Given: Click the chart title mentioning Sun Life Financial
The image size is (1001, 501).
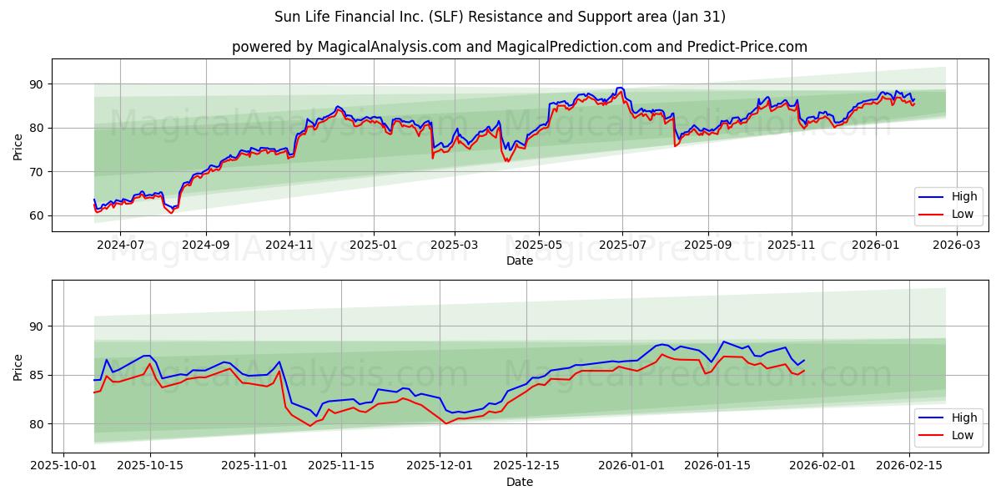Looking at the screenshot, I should click(500, 17).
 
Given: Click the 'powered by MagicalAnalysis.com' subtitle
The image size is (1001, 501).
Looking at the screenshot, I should click(519, 47).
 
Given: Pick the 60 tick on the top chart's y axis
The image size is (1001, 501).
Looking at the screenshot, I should click(36, 215).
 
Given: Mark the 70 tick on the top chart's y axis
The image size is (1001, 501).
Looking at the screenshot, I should click(36, 172).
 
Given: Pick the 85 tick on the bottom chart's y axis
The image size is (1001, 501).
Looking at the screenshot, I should click(36, 375).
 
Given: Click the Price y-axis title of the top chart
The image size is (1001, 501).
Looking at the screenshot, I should click(18, 146).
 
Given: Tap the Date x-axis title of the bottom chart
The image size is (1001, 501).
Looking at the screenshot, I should click(519, 483).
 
